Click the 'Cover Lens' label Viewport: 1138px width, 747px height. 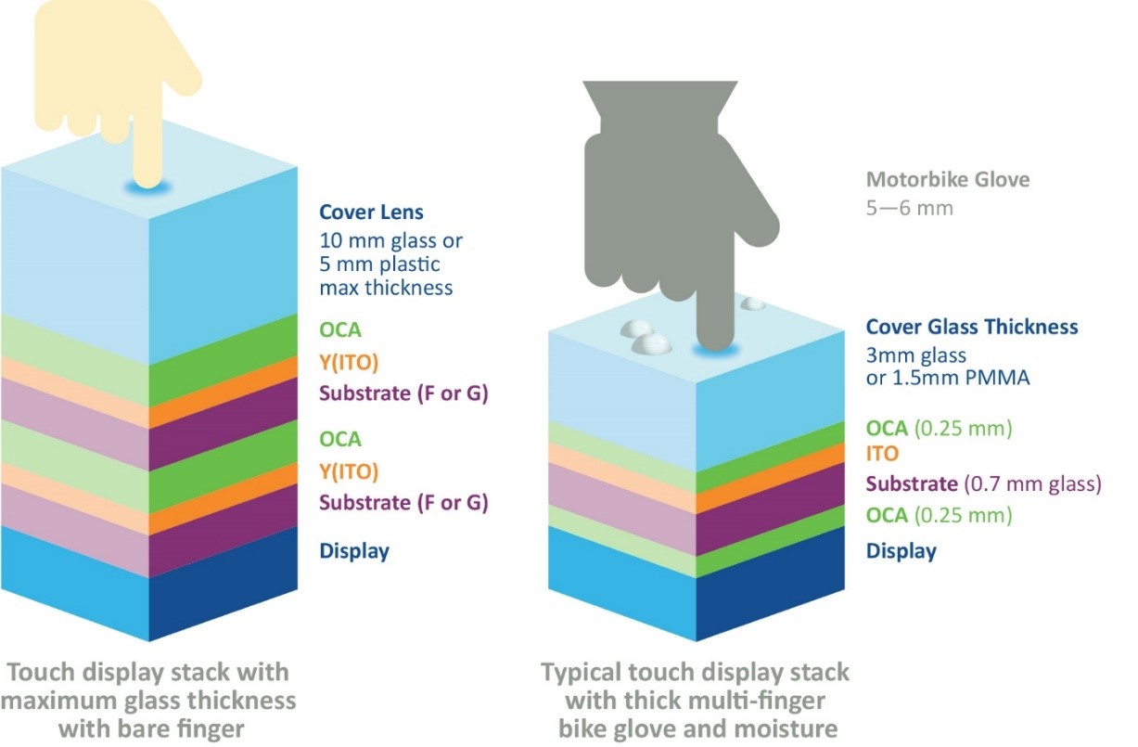pos(371,212)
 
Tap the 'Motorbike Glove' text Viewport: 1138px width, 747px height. pos(947,179)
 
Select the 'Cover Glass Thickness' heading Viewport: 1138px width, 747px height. pos(971,327)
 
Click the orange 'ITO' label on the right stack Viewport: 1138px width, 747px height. pos(882,455)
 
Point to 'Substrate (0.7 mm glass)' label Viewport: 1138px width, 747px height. pos(983,483)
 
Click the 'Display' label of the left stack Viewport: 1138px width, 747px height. pos(354,550)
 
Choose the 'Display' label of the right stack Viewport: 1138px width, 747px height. pos(901,551)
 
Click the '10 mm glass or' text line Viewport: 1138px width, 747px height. pos(390,240)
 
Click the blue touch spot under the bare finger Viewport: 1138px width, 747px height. pos(149,188)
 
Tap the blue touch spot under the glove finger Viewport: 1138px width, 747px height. pos(713,351)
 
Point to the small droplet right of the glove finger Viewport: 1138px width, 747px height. pos(753,303)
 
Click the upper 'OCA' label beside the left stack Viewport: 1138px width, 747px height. pos(339,329)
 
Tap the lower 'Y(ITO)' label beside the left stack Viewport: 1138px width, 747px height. pos(349,471)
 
